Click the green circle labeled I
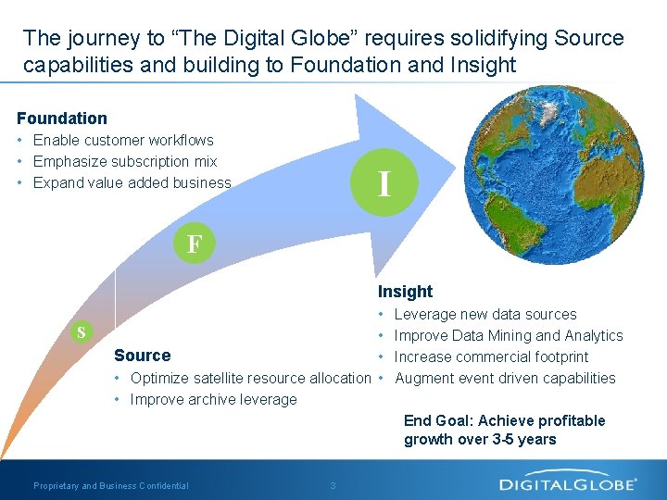tap(384, 181)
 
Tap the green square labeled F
tap(194, 244)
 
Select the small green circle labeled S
tap(82, 332)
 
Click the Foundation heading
tap(62, 119)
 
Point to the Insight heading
tap(405, 292)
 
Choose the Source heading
tap(142, 356)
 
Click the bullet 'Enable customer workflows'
tap(123, 141)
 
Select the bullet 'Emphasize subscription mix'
tap(125, 162)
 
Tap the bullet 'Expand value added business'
tap(132, 183)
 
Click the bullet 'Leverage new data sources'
tap(485, 315)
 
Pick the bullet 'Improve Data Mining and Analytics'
tap(509, 336)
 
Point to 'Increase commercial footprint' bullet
tap(491, 357)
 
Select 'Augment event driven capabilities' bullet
tap(505, 379)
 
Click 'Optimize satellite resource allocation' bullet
tap(250, 379)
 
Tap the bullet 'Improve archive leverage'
tap(213, 400)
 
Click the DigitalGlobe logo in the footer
tap(568, 483)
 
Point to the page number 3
tap(333, 486)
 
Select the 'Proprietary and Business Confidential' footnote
tap(111, 486)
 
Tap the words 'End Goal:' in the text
tap(439, 421)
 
